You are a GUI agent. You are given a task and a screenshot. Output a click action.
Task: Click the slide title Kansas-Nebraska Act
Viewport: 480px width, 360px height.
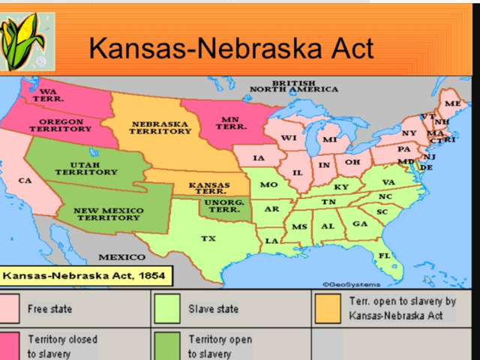pyautogui.click(x=230, y=47)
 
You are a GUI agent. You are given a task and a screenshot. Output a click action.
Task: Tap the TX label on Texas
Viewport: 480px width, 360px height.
pyautogui.click(x=208, y=239)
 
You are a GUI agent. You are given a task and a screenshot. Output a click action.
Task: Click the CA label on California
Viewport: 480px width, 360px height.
pyautogui.click(x=25, y=181)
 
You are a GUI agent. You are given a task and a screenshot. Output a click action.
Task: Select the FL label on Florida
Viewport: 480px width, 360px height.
pyautogui.click(x=384, y=256)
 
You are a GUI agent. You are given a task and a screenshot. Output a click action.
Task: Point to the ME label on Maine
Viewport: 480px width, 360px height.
pyautogui.click(x=452, y=103)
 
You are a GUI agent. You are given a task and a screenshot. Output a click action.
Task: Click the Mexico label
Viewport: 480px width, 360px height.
pyautogui.click(x=121, y=257)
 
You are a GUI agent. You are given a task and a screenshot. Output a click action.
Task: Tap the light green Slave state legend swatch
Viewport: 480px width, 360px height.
pyautogui.click(x=164, y=308)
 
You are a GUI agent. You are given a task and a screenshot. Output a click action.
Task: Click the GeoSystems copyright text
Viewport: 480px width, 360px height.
pyautogui.click(x=351, y=284)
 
